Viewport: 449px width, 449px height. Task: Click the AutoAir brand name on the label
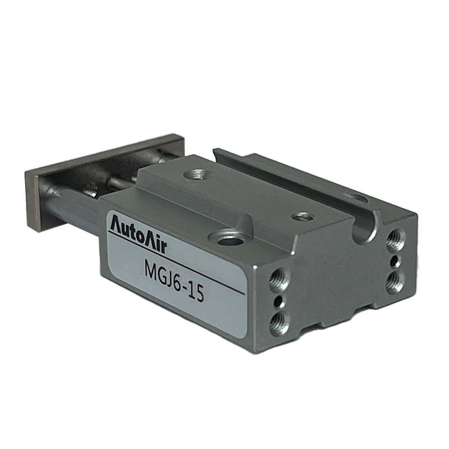coord(138,233)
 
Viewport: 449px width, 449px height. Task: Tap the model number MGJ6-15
coord(175,283)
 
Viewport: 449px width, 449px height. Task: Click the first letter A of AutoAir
coord(117,223)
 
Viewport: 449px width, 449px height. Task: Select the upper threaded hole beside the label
coord(279,278)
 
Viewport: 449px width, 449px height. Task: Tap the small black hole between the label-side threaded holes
coord(278,301)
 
